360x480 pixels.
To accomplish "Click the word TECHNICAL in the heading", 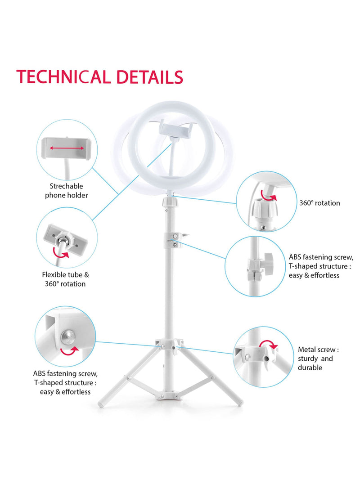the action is (63, 77).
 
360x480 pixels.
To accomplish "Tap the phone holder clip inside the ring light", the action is (177, 130).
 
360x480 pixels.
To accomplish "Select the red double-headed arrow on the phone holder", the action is (67, 148).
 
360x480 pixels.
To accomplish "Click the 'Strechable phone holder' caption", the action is (67, 191).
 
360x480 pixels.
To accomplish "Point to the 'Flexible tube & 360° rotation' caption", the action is (66, 279).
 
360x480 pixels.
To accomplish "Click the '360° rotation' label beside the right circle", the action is (319, 203).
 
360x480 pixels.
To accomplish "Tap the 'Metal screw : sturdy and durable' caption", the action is (318, 359).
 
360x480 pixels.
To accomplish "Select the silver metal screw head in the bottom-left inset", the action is (67, 337).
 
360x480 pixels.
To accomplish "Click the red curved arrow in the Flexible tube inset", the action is (61, 252).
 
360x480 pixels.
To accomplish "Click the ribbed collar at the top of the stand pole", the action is (170, 202).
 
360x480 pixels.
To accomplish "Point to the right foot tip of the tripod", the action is (240, 403).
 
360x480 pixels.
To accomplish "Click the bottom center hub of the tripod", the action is (170, 396).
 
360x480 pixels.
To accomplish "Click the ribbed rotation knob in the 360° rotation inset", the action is (265, 208).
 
